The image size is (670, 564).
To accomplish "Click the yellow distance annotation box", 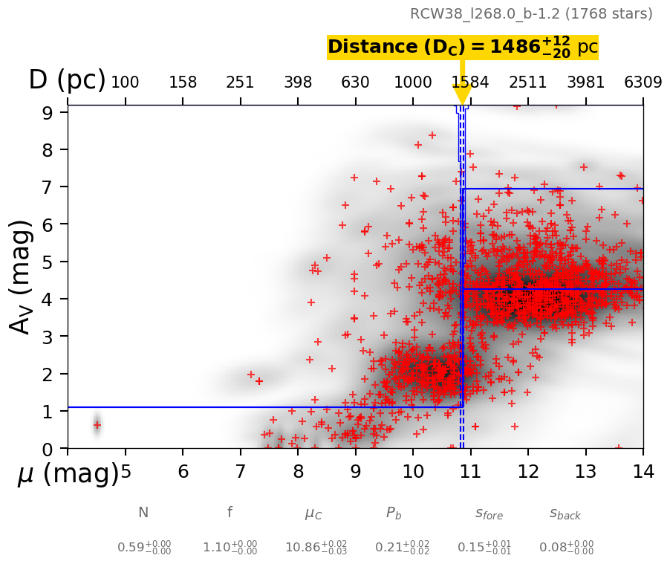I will [462, 47].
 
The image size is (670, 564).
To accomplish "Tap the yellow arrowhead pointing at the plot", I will [462, 94].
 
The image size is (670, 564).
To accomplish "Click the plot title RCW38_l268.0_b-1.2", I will [531, 14].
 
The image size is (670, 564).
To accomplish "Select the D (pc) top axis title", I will [67, 80].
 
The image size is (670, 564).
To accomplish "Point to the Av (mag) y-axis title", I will [22, 276].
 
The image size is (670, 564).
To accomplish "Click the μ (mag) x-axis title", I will [68, 473].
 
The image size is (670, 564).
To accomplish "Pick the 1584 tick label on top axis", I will [470, 82].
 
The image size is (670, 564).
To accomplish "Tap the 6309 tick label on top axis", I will [643, 82].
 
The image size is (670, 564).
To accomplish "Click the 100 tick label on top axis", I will [125, 82].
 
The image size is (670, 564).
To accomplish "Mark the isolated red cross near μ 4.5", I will [97, 424].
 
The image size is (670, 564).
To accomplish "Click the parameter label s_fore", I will [489, 513].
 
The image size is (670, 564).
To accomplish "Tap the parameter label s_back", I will [565, 513].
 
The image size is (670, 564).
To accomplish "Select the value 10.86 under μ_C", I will [316, 548].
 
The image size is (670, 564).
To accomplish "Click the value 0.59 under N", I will [144, 548].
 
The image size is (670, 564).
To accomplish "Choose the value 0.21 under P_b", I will [402, 548].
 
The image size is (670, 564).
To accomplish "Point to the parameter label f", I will [230, 512].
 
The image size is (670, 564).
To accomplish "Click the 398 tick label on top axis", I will [298, 82].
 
